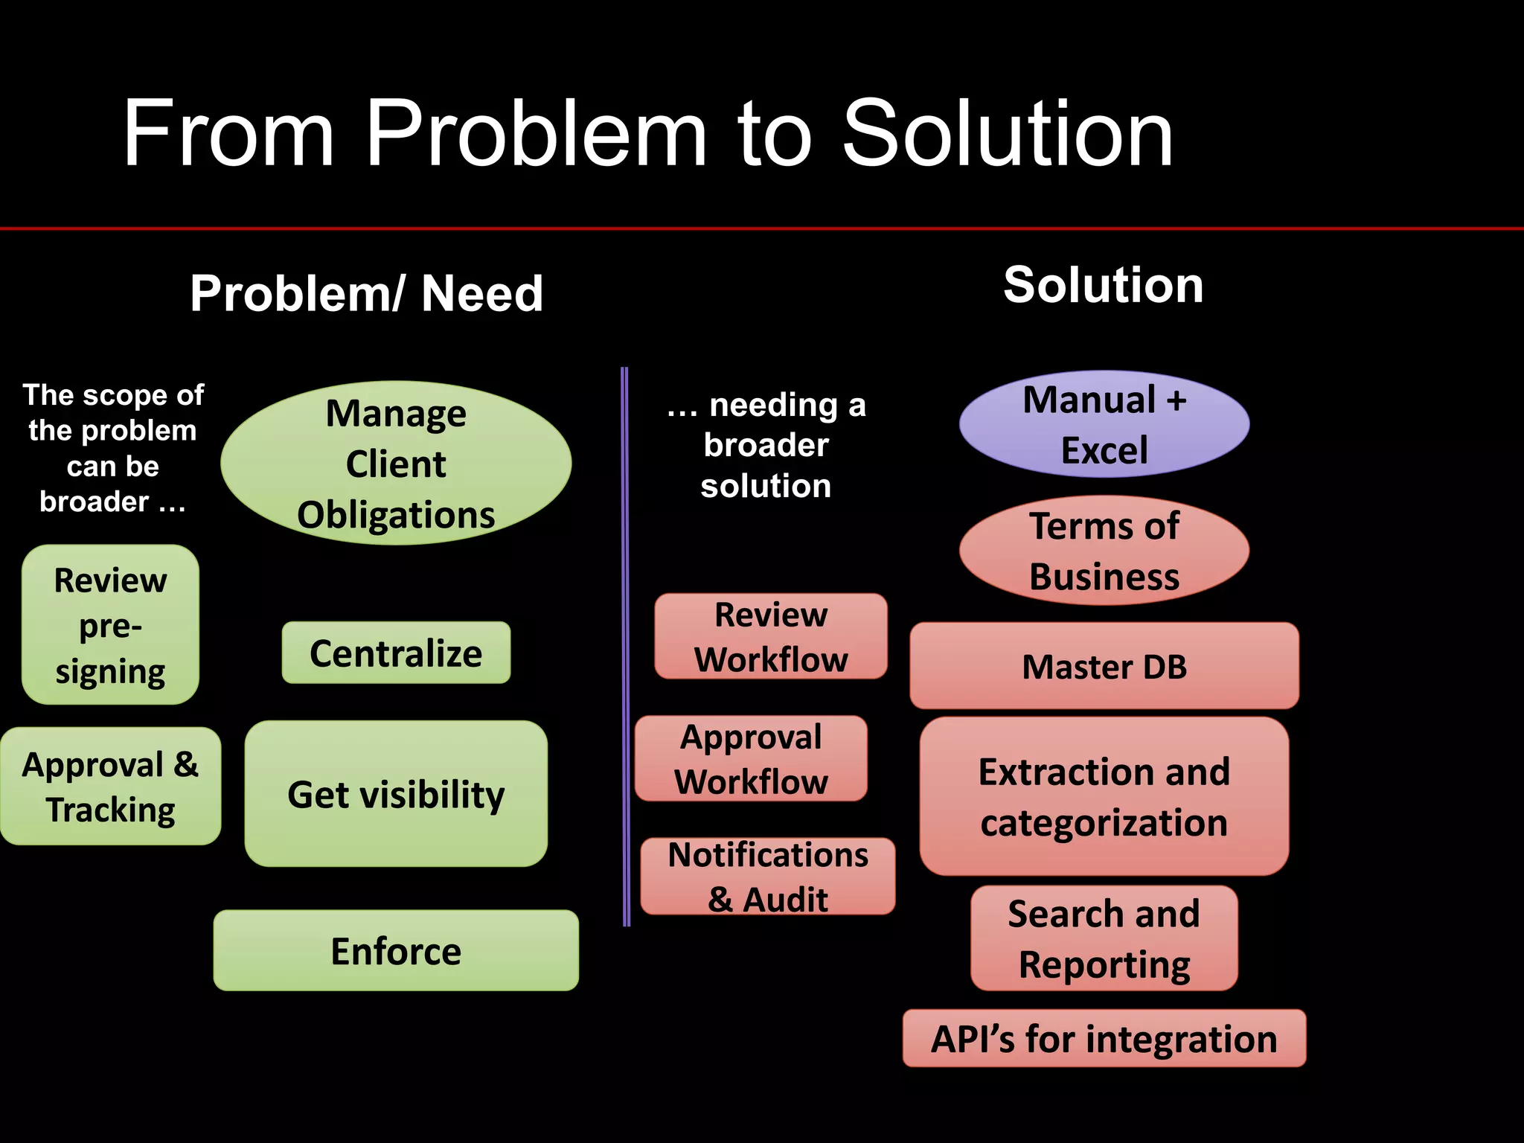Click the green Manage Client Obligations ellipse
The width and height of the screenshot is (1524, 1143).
click(x=396, y=463)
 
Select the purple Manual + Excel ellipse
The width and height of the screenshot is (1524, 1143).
click(x=1104, y=424)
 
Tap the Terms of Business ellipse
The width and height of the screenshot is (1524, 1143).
click(x=1104, y=551)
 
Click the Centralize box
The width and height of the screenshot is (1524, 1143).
click(x=396, y=653)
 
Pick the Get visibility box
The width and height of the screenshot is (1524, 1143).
click(x=396, y=793)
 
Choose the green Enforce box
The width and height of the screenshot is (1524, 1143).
click(x=396, y=950)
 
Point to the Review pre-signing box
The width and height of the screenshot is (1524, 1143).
click(x=110, y=625)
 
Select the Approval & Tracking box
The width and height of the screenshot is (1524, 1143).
click(x=110, y=787)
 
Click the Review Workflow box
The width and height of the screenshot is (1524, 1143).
click(x=771, y=636)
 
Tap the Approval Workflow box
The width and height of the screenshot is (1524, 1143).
click(x=751, y=758)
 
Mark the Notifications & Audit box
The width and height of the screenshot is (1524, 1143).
click(x=768, y=877)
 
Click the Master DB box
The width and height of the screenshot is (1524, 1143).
click(x=1104, y=666)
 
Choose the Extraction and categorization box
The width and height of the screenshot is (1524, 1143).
click(x=1104, y=796)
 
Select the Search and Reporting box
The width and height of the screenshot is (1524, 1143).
click(x=1104, y=938)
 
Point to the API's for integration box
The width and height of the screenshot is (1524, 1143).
click(x=1104, y=1039)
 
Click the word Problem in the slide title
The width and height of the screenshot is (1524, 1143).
click(x=536, y=134)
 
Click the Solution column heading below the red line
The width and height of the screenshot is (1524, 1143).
click(x=1104, y=285)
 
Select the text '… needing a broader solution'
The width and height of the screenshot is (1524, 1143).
click(x=766, y=445)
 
